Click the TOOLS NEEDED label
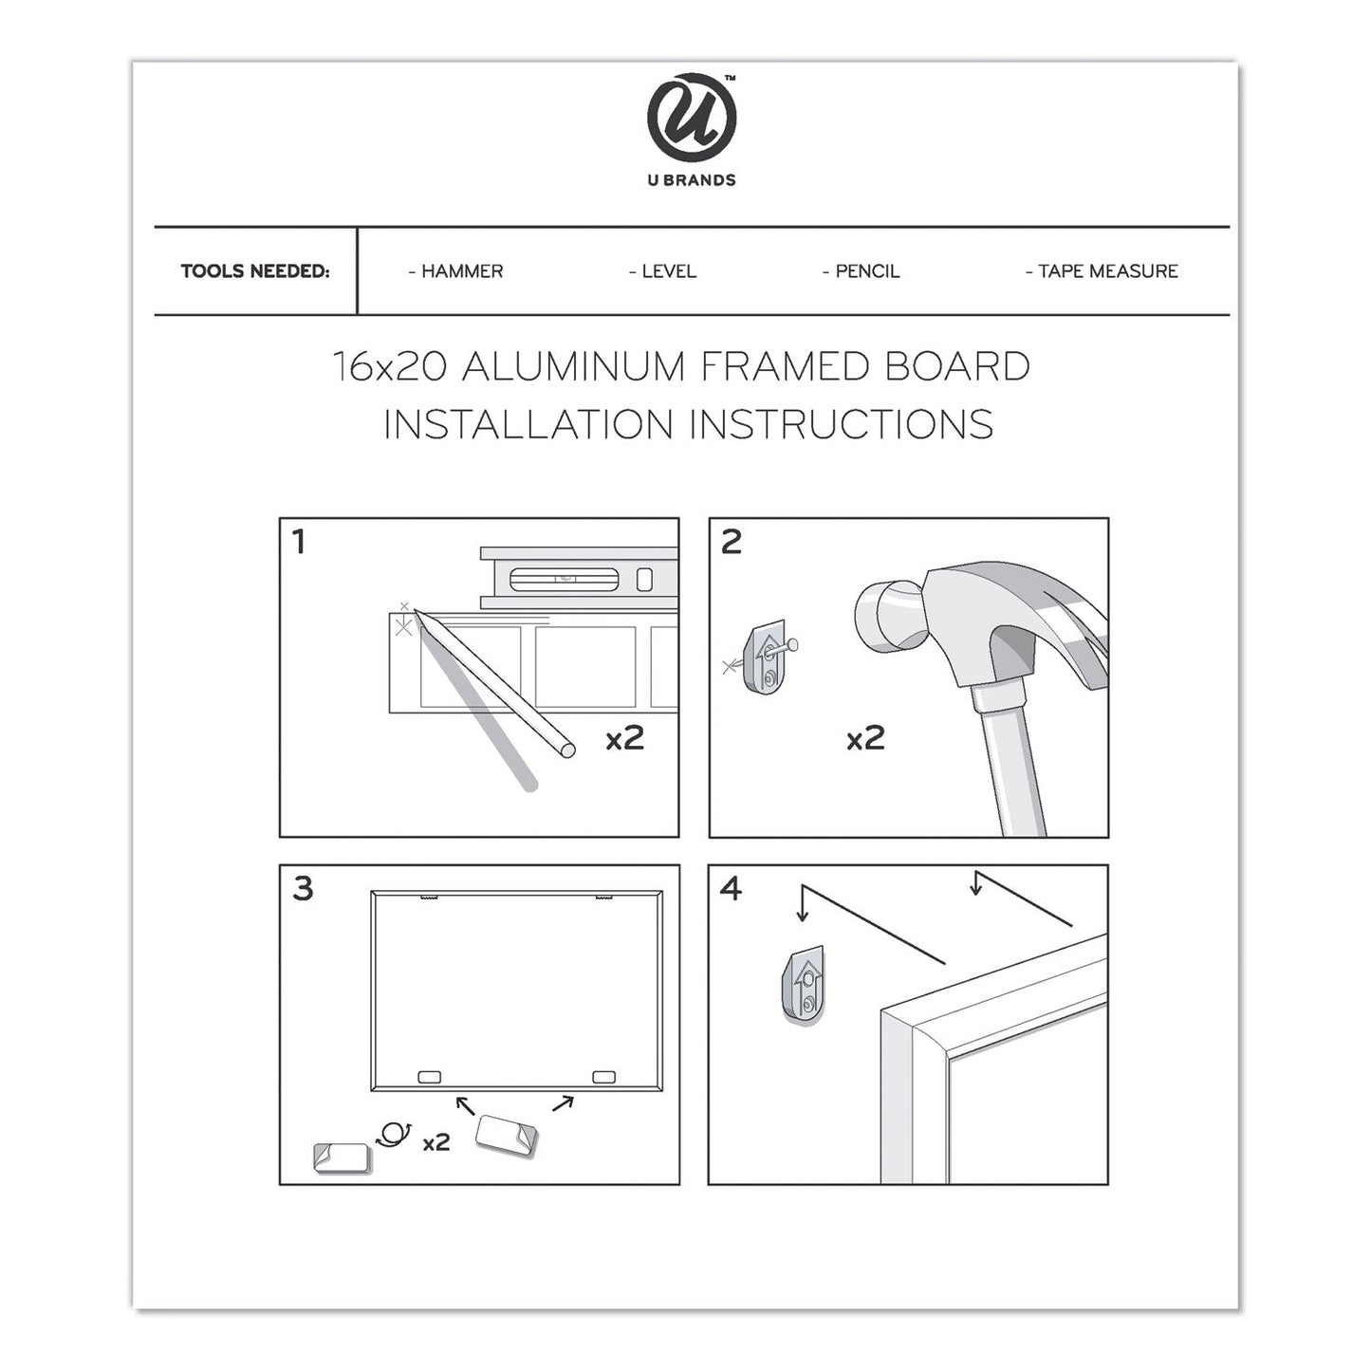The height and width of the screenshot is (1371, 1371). click(255, 271)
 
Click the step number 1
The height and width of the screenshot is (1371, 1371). click(300, 543)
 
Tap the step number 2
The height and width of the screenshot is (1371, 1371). click(731, 543)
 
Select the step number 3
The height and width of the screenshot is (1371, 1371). click(303, 889)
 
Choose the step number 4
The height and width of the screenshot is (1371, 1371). click(731, 889)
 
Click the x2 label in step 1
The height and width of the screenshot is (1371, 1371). click(625, 738)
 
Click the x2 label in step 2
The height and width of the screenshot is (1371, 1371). click(865, 738)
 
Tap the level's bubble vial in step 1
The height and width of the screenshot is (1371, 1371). click(565, 578)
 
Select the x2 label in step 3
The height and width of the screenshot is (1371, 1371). click(435, 1142)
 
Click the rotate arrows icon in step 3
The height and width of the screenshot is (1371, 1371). click(394, 1133)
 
